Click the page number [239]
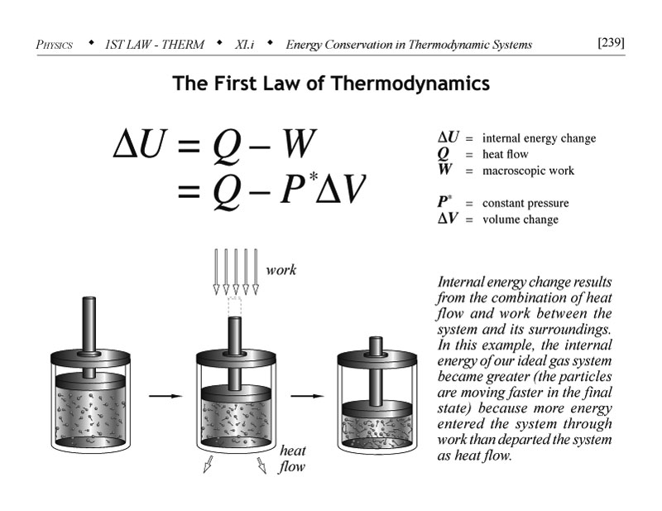tap(610, 42)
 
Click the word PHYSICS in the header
tap(57, 44)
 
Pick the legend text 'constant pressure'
tap(525, 203)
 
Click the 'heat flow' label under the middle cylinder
tap(291, 459)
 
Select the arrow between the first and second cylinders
tap(165, 397)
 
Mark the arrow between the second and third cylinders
tap(307, 397)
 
